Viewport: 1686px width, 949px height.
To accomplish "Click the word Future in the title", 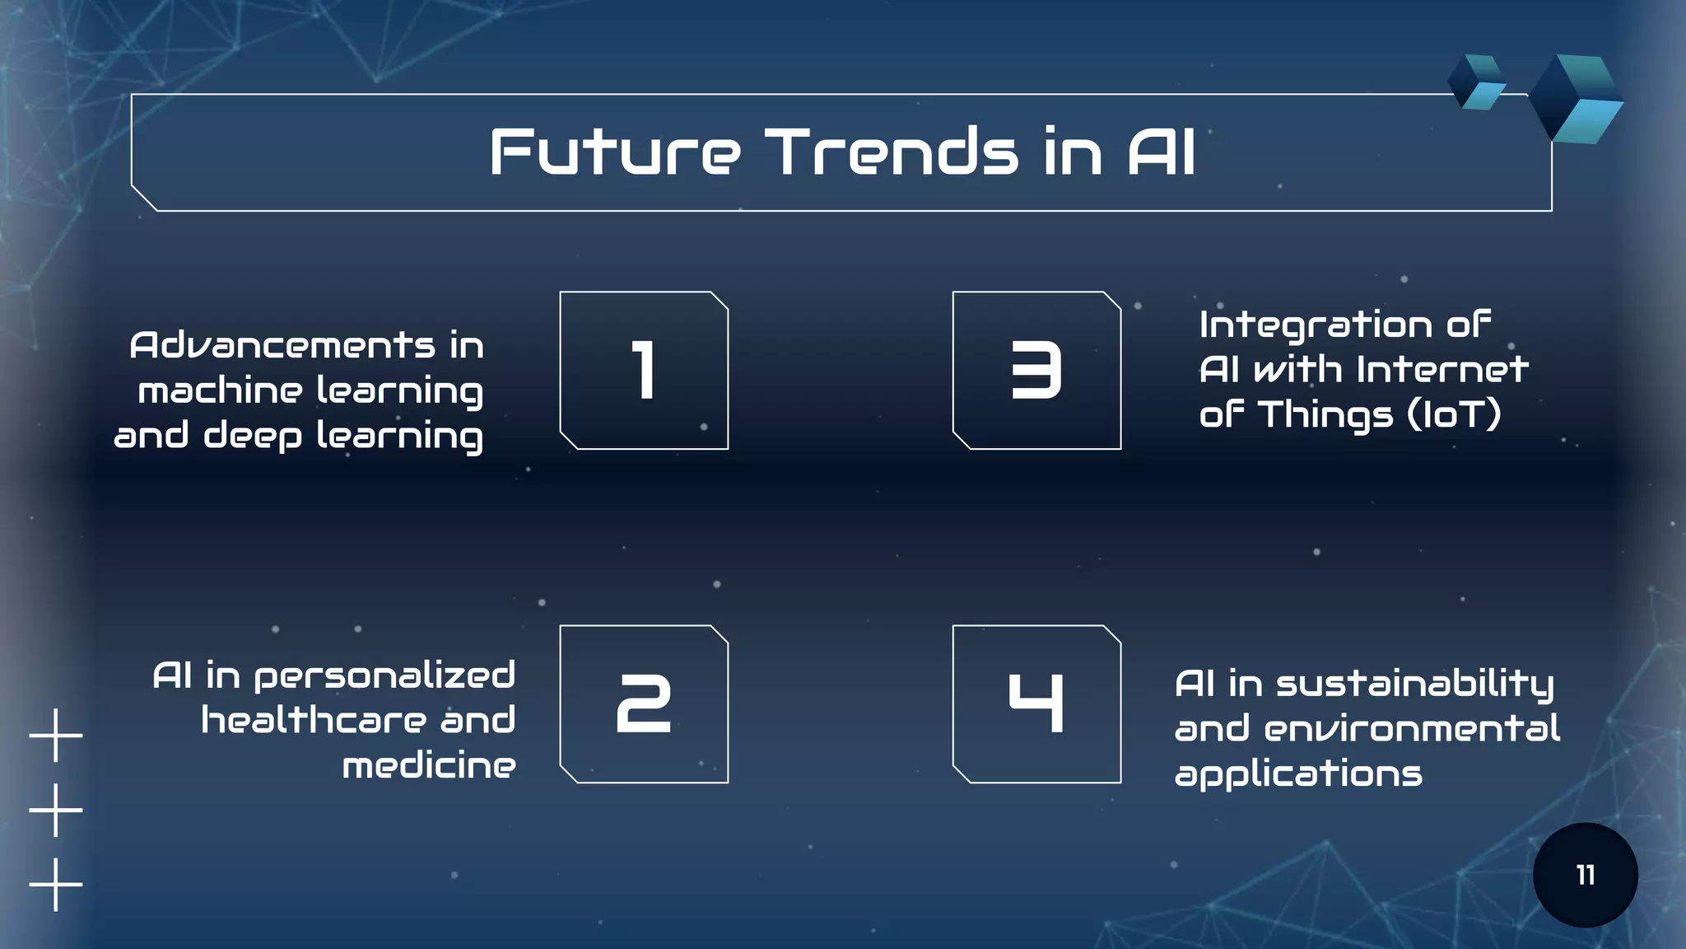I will [x=615, y=152].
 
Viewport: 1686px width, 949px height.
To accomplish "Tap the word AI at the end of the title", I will [x=1162, y=152].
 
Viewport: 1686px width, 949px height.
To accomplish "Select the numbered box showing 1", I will [x=644, y=371].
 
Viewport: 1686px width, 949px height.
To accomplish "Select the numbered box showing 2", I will [x=644, y=704].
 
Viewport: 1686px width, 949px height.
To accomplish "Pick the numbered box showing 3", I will [x=1036, y=371].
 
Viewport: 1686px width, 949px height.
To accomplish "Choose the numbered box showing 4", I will [x=1036, y=704].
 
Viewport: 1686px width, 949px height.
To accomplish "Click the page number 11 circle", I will [x=1585, y=875].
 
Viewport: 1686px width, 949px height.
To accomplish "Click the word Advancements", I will [x=282, y=345].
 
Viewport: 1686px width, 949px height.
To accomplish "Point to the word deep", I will [x=253, y=436].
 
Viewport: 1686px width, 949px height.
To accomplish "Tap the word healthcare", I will [x=314, y=721].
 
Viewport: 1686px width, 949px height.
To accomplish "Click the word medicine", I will [x=429, y=766].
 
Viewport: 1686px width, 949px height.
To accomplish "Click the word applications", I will [x=1298, y=774].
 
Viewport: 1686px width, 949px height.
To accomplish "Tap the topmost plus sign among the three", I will [x=56, y=735].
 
